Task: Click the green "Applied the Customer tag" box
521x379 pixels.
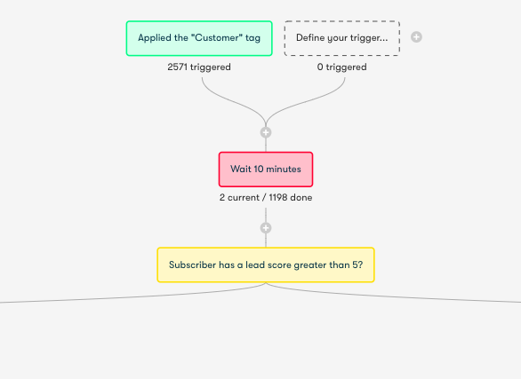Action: (199, 38)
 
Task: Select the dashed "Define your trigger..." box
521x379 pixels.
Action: (342, 38)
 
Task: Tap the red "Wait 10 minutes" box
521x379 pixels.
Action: (266, 170)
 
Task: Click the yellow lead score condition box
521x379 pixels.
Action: (266, 265)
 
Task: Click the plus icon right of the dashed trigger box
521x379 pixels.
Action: (416, 37)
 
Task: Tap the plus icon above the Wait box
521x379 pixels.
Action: (266, 132)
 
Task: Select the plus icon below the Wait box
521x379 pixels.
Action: (266, 228)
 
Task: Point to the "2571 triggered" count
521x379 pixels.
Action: (199, 67)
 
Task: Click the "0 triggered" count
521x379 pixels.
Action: (342, 67)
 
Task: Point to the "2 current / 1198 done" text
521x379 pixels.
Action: (266, 198)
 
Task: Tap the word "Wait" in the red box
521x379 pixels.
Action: (241, 170)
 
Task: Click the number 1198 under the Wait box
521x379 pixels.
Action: (278, 198)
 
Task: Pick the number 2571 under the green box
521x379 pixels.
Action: (178, 67)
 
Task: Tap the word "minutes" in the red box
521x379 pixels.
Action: (284, 170)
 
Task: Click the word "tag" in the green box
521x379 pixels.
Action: (252, 38)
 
